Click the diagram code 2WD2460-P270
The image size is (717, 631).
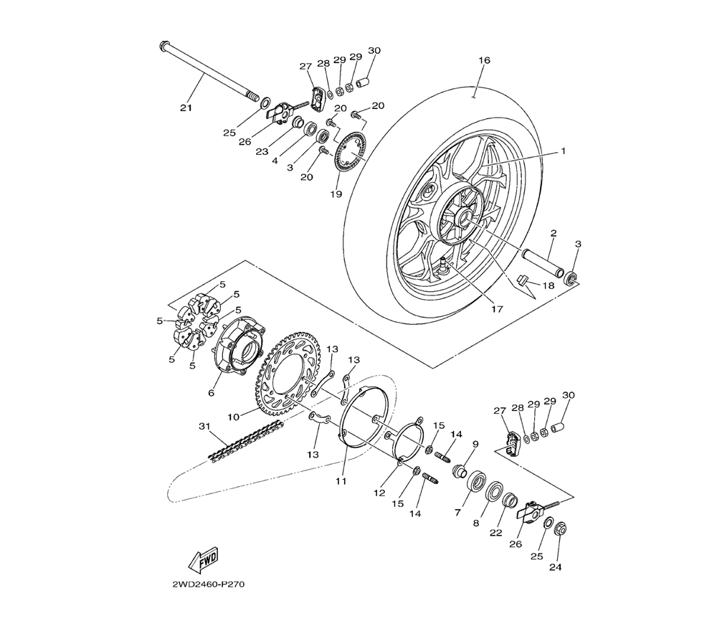(205, 585)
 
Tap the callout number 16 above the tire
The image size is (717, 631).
(484, 60)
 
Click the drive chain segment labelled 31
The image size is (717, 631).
(245, 440)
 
